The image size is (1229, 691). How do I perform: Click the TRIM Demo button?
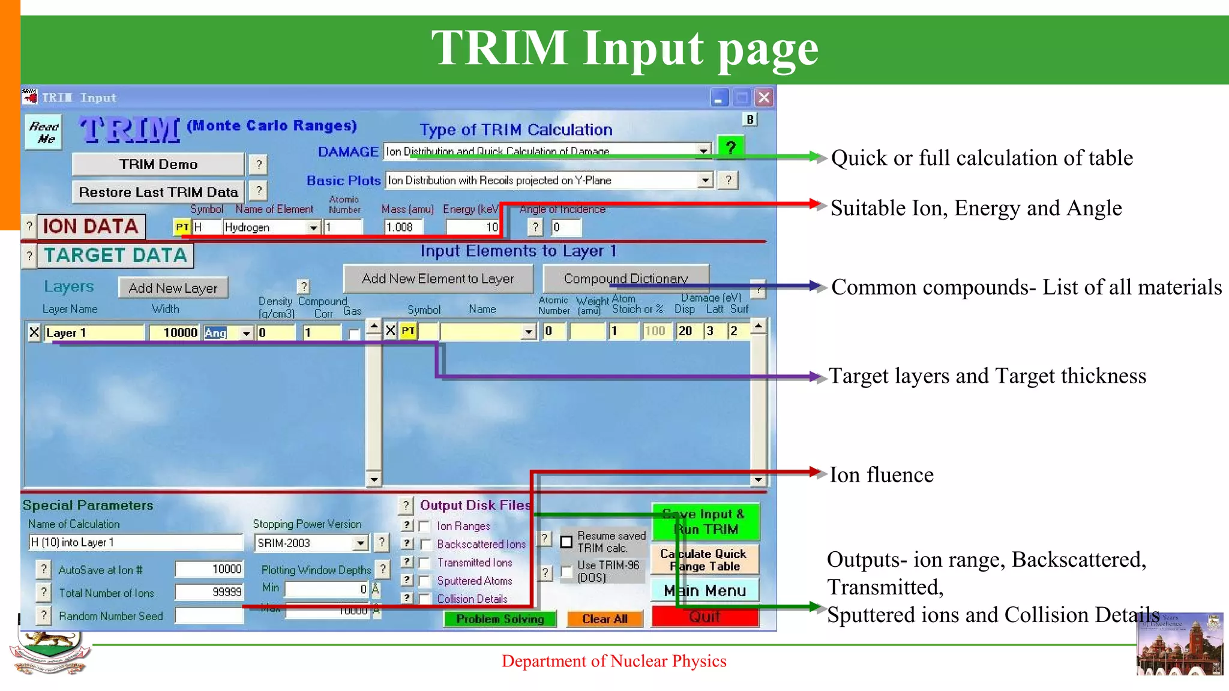click(158, 164)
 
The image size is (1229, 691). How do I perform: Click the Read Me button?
click(44, 133)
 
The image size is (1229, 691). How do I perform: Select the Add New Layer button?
click(173, 288)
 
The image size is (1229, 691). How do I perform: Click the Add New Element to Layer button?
click(438, 278)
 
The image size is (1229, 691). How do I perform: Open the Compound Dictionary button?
click(625, 278)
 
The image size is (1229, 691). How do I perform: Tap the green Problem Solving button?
click(500, 619)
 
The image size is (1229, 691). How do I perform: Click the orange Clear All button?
click(604, 619)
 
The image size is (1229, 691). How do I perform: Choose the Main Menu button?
click(705, 591)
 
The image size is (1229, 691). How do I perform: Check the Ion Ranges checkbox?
click(425, 527)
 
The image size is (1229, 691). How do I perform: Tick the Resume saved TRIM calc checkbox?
click(566, 542)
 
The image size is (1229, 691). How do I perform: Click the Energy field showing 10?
click(473, 227)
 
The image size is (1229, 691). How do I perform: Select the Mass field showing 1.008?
click(403, 227)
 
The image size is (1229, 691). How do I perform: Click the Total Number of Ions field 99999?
click(209, 592)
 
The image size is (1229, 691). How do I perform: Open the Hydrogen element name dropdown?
click(313, 228)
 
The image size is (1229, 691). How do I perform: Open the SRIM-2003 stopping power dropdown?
click(360, 543)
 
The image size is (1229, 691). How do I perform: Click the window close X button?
click(764, 98)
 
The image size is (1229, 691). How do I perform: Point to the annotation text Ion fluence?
click(881, 475)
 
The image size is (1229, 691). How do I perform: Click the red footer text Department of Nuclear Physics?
click(614, 661)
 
